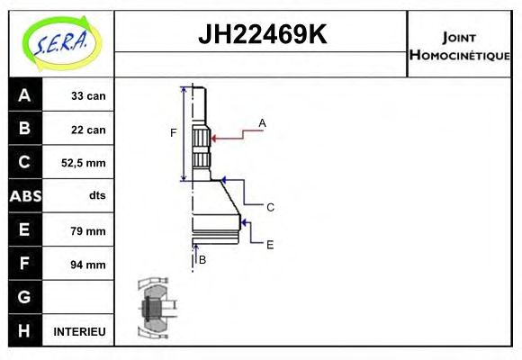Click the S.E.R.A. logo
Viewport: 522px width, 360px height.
pyautogui.click(x=60, y=43)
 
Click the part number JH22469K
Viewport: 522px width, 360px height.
pyautogui.click(x=261, y=35)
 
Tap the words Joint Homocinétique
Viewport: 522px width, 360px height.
pyautogui.click(x=460, y=45)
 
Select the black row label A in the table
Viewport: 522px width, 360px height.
pyautogui.click(x=24, y=95)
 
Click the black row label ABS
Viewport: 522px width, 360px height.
pyautogui.click(x=24, y=196)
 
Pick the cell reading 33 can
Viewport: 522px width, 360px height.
pyautogui.click(x=88, y=95)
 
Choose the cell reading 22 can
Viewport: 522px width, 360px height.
pyautogui.click(x=88, y=130)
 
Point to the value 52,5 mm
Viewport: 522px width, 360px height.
pyautogui.click(x=82, y=163)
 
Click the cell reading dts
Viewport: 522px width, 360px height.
pyautogui.click(x=96, y=196)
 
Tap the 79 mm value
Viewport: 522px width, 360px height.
pyautogui.click(x=88, y=230)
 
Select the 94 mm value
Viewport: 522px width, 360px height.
pyautogui.click(x=88, y=265)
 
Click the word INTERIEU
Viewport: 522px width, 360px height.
pyautogui.click(x=79, y=332)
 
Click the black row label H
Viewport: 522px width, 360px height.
pyautogui.click(x=24, y=331)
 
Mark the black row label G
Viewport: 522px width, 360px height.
pyautogui.click(x=24, y=297)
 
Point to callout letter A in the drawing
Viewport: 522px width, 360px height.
pyautogui.click(x=263, y=122)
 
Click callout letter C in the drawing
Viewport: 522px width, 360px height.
pyautogui.click(x=269, y=207)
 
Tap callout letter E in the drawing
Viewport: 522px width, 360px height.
pyautogui.click(x=269, y=244)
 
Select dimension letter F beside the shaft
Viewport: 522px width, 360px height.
pyautogui.click(x=174, y=134)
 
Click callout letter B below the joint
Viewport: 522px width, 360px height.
pyautogui.click(x=202, y=259)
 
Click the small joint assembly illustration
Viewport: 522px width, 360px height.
pyautogui.click(x=152, y=308)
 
